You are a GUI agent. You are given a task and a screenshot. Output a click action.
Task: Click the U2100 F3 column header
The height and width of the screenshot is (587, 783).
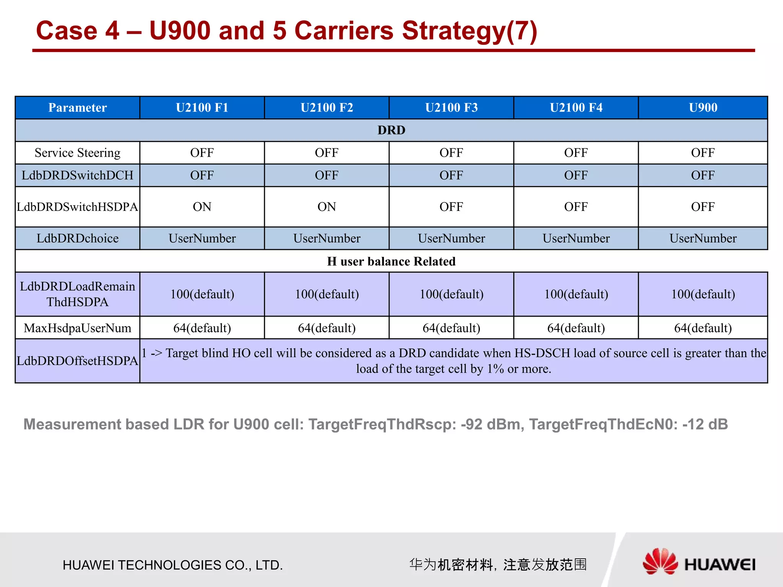[x=451, y=108]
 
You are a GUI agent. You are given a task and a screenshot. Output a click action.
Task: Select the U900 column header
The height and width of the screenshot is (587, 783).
[x=703, y=108]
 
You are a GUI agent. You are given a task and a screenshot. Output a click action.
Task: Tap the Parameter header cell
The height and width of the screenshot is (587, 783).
[x=78, y=108]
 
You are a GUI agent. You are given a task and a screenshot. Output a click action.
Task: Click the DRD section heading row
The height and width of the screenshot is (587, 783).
[x=391, y=130]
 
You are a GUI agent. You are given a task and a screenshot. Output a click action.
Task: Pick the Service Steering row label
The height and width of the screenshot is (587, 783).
[x=78, y=153]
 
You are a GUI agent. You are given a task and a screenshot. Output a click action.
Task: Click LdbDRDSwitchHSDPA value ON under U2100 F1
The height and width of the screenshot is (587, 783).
[x=202, y=207]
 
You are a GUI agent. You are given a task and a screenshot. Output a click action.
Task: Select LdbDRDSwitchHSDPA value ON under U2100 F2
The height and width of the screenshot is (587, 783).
[x=327, y=207]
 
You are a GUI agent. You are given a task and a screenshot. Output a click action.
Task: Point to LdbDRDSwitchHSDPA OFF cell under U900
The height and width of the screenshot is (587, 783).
[x=703, y=207]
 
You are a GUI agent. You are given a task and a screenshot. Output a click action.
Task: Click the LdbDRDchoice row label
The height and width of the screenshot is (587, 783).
[x=78, y=238]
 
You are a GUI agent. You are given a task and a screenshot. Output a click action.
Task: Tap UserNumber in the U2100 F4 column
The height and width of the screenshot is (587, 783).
[x=576, y=238]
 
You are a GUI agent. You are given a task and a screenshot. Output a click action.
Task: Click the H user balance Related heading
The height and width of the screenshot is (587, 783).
[x=391, y=261]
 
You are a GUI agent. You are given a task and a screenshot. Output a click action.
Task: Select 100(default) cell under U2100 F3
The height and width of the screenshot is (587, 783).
[x=451, y=294]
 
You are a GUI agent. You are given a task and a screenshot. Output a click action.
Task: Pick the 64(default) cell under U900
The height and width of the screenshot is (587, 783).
[x=703, y=328]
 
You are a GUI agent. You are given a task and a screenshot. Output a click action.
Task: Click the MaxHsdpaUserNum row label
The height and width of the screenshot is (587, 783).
[x=78, y=328]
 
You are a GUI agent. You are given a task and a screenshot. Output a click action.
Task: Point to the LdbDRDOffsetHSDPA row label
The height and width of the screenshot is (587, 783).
[x=78, y=361]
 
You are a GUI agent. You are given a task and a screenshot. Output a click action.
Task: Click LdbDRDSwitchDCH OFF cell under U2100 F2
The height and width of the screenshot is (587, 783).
[x=327, y=175]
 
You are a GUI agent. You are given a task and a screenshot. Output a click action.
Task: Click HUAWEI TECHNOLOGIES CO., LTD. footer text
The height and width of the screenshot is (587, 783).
[x=173, y=565]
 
